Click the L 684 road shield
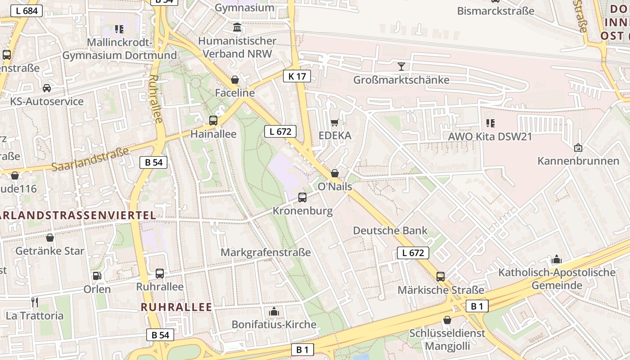pyautogui.click(x=27, y=11)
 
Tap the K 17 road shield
pyautogui.click(x=297, y=76)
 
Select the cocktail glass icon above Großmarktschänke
pyautogui.click(x=401, y=67)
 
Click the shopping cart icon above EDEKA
pyautogui.click(x=334, y=122)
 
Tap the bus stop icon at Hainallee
pyautogui.click(x=213, y=121)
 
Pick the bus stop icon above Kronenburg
pyautogui.click(x=302, y=197)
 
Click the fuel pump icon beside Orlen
pyautogui.click(x=97, y=275)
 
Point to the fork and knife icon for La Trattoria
pyautogui.click(x=34, y=302)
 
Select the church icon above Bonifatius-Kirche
pyautogui.click(x=274, y=311)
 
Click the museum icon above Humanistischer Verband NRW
pyautogui.click(x=237, y=28)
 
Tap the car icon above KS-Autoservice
pyautogui.click(x=47, y=88)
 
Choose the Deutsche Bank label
pyautogui.click(x=390, y=230)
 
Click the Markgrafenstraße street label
pyautogui.click(x=265, y=252)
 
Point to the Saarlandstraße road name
pyautogui.click(x=90, y=158)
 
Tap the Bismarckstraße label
pyautogui.click(x=495, y=11)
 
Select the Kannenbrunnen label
pyautogui.click(x=578, y=161)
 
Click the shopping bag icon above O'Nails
pyautogui.click(x=335, y=173)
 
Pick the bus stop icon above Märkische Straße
pyautogui.click(x=441, y=276)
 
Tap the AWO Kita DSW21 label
pyautogui.click(x=490, y=136)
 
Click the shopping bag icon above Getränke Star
pyautogui.click(x=50, y=237)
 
